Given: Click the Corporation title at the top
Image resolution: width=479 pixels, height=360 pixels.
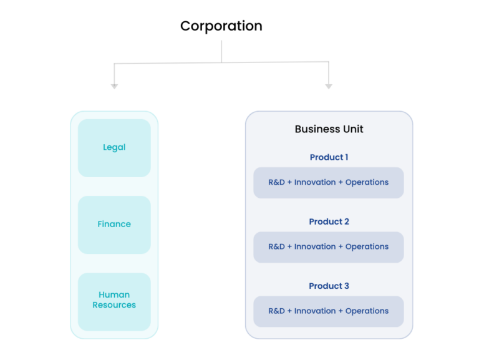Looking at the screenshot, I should tap(221, 26).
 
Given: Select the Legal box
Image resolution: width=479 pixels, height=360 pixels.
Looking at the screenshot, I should tap(114, 148).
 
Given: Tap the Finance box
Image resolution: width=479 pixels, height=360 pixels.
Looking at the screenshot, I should tap(114, 225).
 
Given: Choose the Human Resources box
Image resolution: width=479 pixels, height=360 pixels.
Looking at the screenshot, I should tap(114, 301).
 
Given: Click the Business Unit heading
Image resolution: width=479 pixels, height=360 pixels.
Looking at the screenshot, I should tap(329, 129).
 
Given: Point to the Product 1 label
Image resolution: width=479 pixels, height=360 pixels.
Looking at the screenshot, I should tap(329, 157).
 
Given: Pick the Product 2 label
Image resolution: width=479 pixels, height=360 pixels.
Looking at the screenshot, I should tap(329, 221).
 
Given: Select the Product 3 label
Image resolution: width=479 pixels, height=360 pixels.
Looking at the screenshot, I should tap(329, 286).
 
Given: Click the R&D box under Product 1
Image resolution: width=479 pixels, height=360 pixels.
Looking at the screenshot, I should tap(329, 183).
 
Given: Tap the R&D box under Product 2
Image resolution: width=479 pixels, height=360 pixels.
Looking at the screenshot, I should tap(329, 247).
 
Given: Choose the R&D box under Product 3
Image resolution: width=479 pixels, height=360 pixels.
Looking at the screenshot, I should tap(329, 311).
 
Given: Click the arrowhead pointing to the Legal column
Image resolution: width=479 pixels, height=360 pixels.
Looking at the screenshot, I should tap(114, 86).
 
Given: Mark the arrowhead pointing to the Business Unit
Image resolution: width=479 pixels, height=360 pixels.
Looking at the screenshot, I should tap(329, 86).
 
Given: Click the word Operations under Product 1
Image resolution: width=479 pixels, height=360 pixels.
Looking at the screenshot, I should tap(367, 183).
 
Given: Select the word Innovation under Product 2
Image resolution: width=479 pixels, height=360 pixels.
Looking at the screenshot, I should tap(315, 247).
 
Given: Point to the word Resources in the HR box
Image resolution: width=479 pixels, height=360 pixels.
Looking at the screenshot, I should tap(114, 305).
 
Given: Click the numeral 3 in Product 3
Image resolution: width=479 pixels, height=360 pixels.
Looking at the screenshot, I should tap(346, 286).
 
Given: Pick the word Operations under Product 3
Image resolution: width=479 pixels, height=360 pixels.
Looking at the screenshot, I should tap(367, 311).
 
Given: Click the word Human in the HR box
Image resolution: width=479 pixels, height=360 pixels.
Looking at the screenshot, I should tap(114, 294).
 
